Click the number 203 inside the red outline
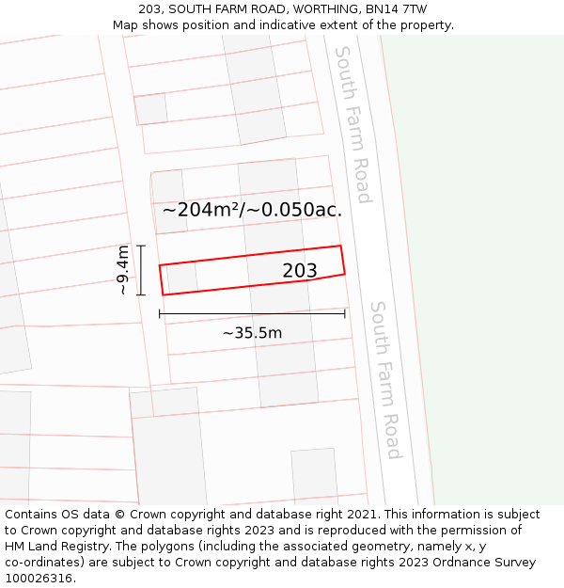coord(300,271)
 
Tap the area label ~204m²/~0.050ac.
coord(252,210)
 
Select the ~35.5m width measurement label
coord(252,333)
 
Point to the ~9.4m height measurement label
coord(122,270)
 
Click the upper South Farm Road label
coord(352,124)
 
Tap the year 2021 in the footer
coord(362,515)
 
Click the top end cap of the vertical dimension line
coord(141,246)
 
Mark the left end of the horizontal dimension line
coord(160,313)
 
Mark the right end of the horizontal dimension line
coord(345,313)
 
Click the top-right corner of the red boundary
coord(340,246)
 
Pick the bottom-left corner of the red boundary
coord(164,294)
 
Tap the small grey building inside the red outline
coord(181,278)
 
